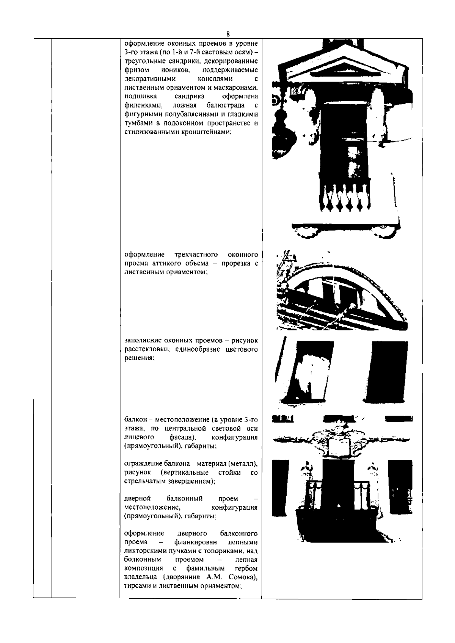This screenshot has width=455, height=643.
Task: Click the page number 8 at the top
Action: point(227,33)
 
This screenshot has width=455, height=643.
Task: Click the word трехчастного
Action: point(196,254)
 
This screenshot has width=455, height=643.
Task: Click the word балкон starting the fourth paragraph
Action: point(135,419)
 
